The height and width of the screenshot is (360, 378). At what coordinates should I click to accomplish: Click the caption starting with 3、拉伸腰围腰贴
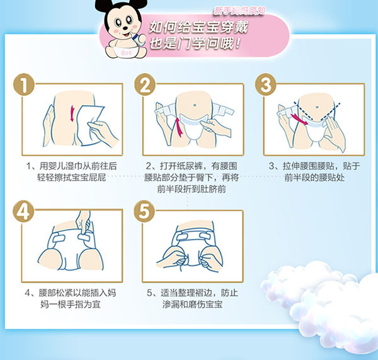(313, 172)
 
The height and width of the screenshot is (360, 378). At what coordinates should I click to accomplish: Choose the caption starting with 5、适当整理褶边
(193, 299)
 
